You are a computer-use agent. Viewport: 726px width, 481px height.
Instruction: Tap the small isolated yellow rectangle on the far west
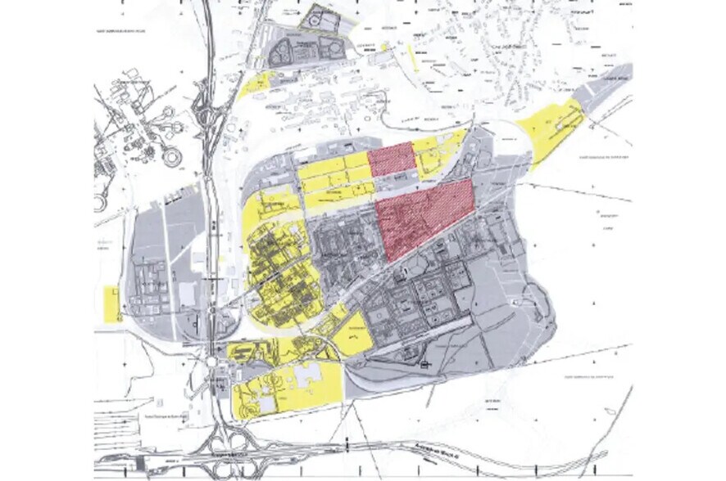(x=111, y=303)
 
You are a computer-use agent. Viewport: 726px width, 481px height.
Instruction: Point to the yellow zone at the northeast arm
(x=554, y=131)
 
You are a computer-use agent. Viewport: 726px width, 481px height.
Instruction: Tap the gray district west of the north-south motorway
(x=160, y=270)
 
